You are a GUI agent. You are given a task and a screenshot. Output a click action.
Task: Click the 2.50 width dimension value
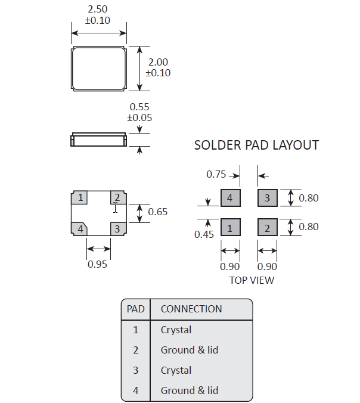(x=99, y=10)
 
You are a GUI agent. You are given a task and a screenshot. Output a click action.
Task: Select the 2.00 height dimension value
(x=158, y=62)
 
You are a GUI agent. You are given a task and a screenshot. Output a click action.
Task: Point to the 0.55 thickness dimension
(x=139, y=107)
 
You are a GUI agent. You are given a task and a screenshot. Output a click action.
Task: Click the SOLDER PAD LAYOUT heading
(x=256, y=145)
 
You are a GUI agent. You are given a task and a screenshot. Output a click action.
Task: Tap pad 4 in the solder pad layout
(x=230, y=198)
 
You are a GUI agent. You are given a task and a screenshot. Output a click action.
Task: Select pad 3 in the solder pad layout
(x=267, y=198)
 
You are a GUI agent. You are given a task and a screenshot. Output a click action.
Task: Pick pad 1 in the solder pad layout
(x=230, y=227)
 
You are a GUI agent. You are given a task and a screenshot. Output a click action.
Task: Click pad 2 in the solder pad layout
(x=267, y=227)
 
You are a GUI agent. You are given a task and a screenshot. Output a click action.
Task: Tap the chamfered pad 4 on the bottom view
(x=79, y=228)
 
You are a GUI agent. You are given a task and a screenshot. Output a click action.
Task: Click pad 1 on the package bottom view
(x=79, y=197)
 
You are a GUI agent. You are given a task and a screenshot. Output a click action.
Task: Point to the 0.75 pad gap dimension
(x=216, y=175)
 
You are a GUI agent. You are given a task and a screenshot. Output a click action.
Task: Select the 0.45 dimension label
(x=204, y=234)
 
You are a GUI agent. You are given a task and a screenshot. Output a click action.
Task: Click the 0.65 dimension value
(x=158, y=212)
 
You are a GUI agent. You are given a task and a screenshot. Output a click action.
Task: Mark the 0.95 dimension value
(x=98, y=264)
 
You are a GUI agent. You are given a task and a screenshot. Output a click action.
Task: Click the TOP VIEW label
(x=252, y=280)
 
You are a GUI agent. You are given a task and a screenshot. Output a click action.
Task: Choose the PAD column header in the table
(x=136, y=309)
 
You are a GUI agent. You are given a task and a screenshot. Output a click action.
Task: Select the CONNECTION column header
(x=191, y=309)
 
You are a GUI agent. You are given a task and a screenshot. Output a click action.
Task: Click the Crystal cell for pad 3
(x=176, y=370)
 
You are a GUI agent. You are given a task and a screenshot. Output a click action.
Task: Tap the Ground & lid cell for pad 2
(x=189, y=350)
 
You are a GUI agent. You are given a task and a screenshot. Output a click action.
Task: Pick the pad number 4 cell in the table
(x=136, y=390)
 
